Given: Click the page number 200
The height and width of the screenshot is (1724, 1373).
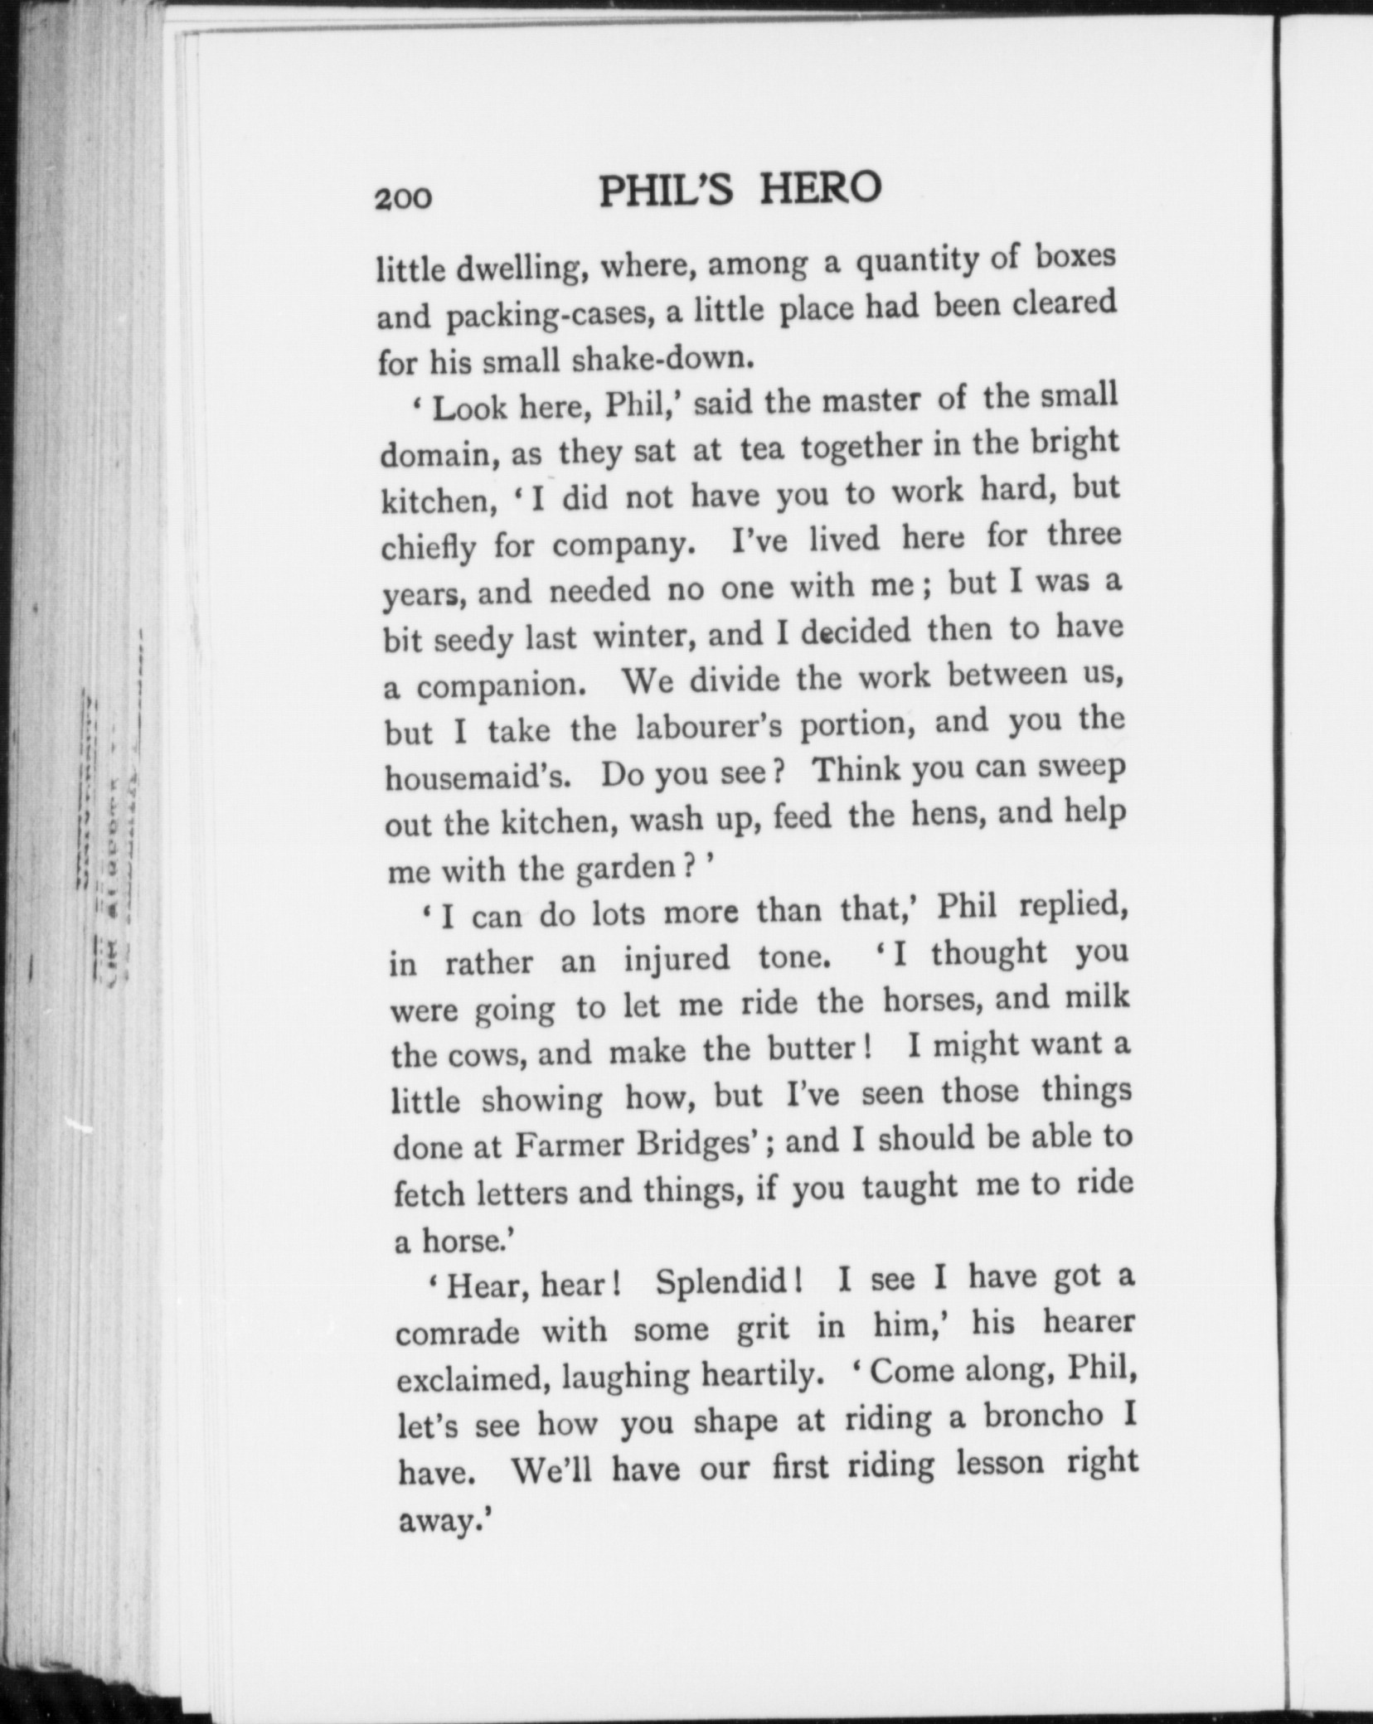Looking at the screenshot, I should [403, 199].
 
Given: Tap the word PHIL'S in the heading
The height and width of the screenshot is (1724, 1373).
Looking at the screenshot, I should [666, 191].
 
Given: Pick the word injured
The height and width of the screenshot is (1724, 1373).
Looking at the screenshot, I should [677, 959].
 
